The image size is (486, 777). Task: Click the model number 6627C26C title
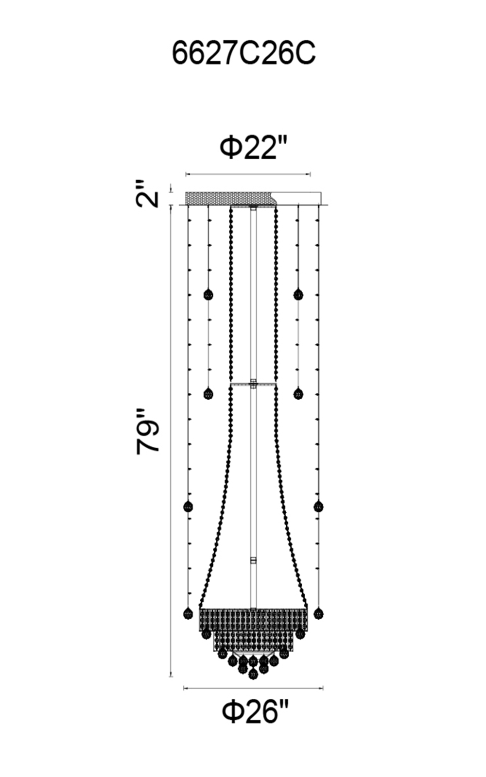pyautogui.click(x=243, y=53)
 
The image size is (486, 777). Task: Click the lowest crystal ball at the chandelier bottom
pyautogui.click(x=253, y=674)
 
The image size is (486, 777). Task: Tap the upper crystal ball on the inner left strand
pyautogui.click(x=208, y=295)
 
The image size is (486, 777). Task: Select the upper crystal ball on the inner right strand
pyautogui.click(x=298, y=295)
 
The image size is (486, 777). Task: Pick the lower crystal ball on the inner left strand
pyautogui.click(x=208, y=394)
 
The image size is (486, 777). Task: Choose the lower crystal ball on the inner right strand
pyautogui.click(x=298, y=394)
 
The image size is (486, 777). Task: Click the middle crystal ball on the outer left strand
pyautogui.click(x=188, y=507)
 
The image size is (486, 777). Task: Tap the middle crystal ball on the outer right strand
pyautogui.click(x=318, y=507)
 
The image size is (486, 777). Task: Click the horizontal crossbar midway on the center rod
pyautogui.click(x=254, y=384)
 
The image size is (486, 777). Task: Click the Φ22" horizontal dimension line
pyautogui.click(x=248, y=174)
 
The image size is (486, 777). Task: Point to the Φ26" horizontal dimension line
pyautogui.click(x=253, y=688)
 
